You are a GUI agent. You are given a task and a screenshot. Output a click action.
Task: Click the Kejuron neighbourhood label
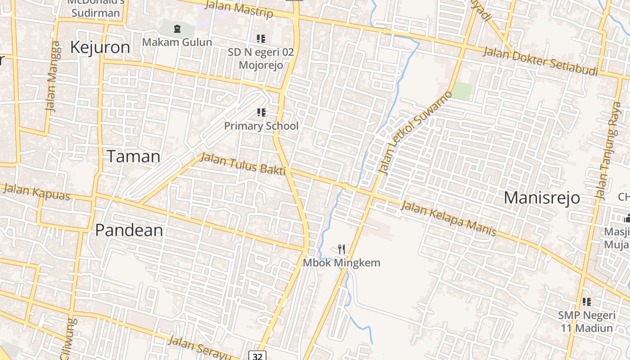point(100,47)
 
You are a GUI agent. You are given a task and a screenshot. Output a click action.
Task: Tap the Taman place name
point(134,156)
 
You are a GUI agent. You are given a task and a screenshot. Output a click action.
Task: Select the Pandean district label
point(129,230)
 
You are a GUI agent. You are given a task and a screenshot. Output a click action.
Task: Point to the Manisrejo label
point(542,198)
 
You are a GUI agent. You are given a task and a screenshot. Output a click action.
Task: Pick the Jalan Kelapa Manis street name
point(448,219)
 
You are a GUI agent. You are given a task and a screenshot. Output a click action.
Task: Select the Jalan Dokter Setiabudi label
point(540,61)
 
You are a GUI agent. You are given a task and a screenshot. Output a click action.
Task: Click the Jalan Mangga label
point(53,76)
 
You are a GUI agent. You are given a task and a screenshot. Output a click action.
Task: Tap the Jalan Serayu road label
point(199,348)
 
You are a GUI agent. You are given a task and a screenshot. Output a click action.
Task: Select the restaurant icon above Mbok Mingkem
point(342,249)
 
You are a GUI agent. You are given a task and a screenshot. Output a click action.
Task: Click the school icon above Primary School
point(261,112)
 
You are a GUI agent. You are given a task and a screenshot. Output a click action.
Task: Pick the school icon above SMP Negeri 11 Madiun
point(587,301)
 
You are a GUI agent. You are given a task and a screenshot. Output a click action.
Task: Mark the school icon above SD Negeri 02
point(261,39)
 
